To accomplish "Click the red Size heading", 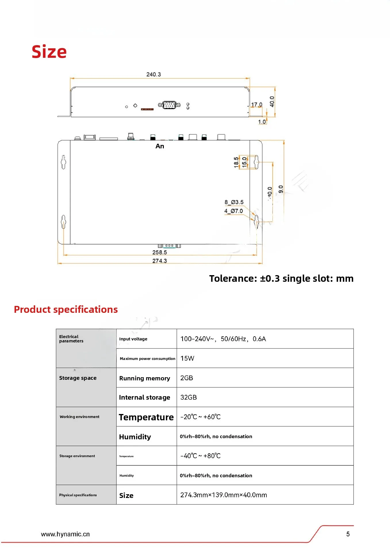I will pos(49,52).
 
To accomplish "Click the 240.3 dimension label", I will pos(153,74).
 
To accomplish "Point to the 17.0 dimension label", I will pos(257,105).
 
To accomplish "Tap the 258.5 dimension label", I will pos(160,252).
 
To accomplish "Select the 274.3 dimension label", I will pos(160,261).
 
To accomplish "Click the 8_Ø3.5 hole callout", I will pos(234,202).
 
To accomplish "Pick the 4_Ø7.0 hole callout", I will pos(233,211).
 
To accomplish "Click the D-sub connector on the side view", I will pos(169,105).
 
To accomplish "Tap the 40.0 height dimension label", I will pos(272,101).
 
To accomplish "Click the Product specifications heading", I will pos(66,309).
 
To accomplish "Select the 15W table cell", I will pos(187,359).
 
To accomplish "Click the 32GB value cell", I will pos(189,397).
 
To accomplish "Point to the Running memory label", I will pos(145,378).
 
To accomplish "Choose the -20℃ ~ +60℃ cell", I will pos(200,417).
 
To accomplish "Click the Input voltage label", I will pos(133,339).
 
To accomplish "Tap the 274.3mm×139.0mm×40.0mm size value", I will pos(224,495).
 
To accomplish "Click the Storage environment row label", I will pos(77,456).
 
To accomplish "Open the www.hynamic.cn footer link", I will pos(65,534).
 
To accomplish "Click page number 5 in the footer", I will pos(348,534).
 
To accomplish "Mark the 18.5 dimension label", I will pos(236,162).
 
